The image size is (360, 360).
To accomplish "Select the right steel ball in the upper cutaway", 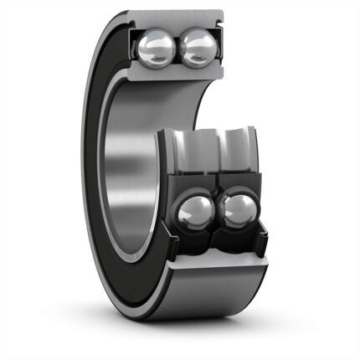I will pyautogui.click(x=198, y=48).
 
